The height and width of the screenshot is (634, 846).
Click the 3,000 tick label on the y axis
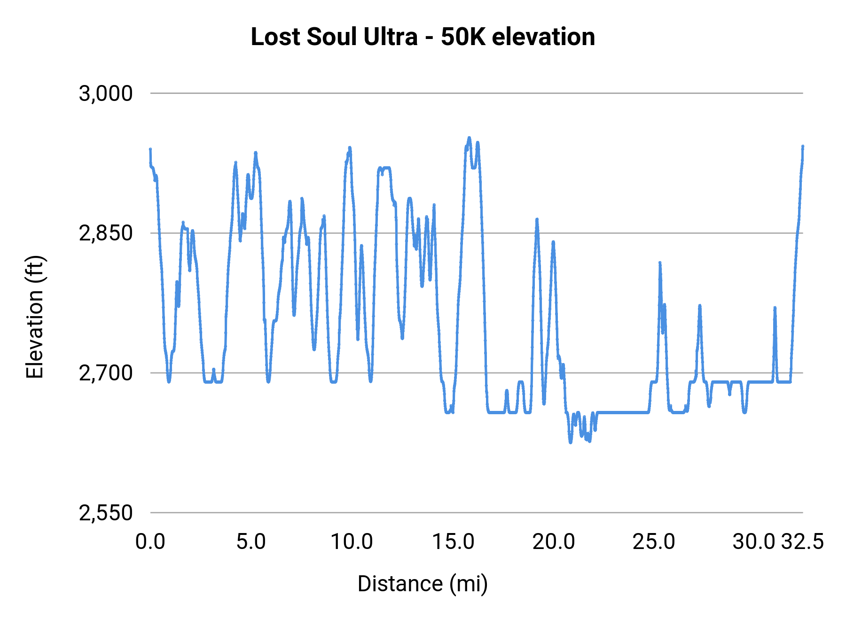(x=106, y=93)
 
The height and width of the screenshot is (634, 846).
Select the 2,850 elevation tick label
(x=106, y=233)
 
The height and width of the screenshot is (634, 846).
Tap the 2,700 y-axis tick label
(x=106, y=373)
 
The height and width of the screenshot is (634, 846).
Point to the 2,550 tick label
(x=106, y=513)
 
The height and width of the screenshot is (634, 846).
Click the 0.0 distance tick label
(x=150, y=542)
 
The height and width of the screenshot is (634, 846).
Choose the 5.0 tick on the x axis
(x=251, y=542)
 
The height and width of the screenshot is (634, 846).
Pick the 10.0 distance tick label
(x=352, y=542)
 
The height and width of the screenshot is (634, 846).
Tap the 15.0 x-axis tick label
(x=453, y=542)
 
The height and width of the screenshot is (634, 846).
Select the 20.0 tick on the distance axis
(x=553, y=542)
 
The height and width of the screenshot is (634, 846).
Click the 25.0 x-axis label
(x=654, y=542)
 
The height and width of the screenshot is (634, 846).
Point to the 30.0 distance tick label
(x=754, y=542)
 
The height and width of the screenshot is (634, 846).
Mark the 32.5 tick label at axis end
(x=803, y=542)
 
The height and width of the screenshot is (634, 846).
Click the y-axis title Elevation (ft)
(x=35, y=317)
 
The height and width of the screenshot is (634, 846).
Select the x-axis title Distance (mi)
(x=423, y=584)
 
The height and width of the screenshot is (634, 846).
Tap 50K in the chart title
(x=462, y=37)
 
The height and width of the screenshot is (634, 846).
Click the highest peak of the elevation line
(x=469, y=138)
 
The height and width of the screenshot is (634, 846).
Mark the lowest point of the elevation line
(x=571, y=442)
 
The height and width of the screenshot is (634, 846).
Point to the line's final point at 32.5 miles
(x=803, y=147)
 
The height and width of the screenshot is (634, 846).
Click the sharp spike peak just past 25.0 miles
(x=660, y=263)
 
